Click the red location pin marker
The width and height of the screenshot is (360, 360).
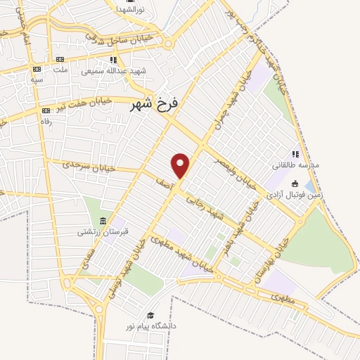tap(181, 165)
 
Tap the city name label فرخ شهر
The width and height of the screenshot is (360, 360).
tap(155, 105)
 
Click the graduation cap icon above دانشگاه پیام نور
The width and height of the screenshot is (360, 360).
tap(149, 315)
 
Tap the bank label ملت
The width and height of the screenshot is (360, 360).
tap(60, 70)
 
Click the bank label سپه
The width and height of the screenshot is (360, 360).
tap(37, 79)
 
